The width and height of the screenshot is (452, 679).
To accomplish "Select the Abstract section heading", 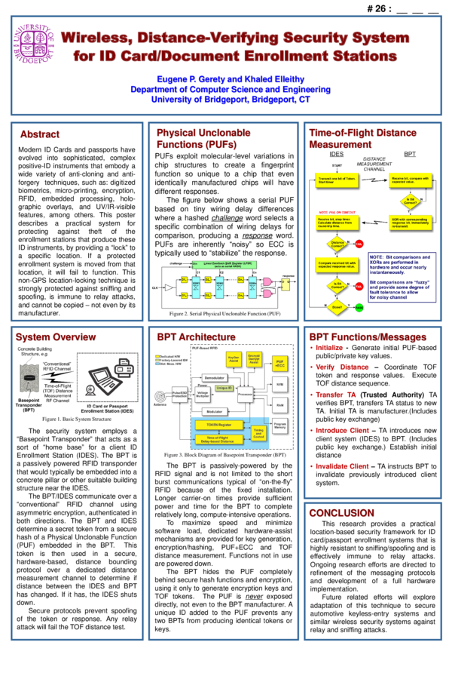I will click(40, 134).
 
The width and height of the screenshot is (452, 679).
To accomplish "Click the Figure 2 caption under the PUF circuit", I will click(224, 313).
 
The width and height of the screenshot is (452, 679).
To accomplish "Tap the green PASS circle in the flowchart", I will click(359, 308).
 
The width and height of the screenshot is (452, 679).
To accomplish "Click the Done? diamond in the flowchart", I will click(337, 307).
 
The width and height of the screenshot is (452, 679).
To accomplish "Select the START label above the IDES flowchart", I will click(337, 165).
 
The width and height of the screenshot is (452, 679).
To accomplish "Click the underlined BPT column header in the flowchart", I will click(410, 154).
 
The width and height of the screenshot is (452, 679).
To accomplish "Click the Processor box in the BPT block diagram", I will click(245, 394).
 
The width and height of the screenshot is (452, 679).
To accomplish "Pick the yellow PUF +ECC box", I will click(279, 364).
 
